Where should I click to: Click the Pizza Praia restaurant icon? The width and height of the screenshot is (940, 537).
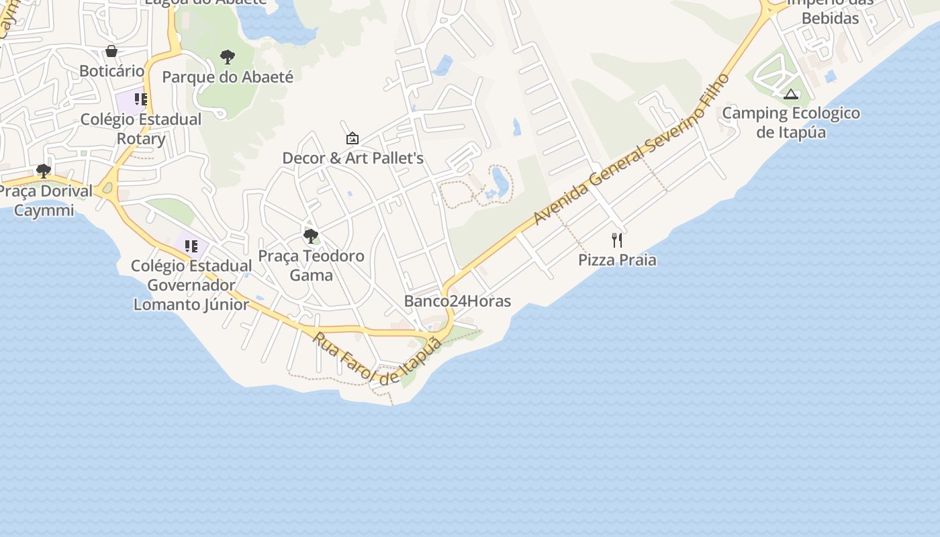click(x=617, y=240)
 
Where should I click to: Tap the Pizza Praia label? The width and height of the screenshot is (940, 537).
click(x=617, y=260)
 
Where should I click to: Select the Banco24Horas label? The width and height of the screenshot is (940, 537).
click(x=457, y=301)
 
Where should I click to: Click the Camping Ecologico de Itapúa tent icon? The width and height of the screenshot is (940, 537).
click(x=791, y=94)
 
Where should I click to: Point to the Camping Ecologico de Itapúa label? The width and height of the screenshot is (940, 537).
click(x=791, y=122)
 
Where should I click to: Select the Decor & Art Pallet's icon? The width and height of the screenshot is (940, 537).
click(x=352, y=138)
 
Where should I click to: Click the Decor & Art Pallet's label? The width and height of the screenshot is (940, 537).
click(x=352, y=158)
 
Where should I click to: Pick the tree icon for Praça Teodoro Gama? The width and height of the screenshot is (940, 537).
click(x=310, y=236)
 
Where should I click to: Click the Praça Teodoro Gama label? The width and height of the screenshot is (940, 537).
click(x=311, y=265)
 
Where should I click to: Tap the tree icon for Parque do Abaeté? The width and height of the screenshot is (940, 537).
click(x=228, y=57)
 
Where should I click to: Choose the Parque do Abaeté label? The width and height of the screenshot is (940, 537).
click(x=228, y=77)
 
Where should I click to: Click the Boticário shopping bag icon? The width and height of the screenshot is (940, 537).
click(x=111, y=51)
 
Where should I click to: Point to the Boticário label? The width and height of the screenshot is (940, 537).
click(x=111, y=71)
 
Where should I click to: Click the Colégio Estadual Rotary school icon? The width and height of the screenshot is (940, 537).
click(x=140, y=99)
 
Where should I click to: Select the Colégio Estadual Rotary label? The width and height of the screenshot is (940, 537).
click(x=141, y=129)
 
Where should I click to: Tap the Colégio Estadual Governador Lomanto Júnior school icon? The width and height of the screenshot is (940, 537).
click(x=191, y=246)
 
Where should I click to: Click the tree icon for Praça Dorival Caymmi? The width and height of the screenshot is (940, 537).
click(x=44, y=171)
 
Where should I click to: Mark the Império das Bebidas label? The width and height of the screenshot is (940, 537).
click(x=830, y=11)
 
